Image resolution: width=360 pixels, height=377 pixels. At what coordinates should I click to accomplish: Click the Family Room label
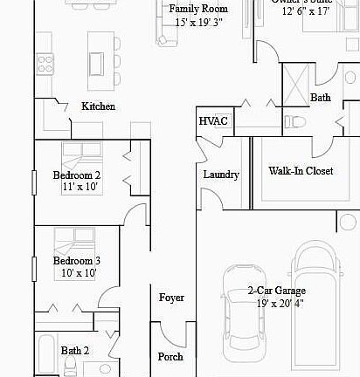[x=191, y=9]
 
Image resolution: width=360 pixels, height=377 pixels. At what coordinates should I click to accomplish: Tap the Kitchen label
[x=98, y=106]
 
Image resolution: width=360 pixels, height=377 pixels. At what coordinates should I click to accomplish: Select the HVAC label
[x=213, y=121]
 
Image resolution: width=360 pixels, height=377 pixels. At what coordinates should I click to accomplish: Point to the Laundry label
[x=221, y=175]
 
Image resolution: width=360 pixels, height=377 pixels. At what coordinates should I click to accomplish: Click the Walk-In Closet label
[x=301, y=171]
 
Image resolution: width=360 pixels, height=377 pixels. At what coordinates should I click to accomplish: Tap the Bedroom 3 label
[x=76, y=261]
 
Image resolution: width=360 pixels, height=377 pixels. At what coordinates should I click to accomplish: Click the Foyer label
[x=171, y=298]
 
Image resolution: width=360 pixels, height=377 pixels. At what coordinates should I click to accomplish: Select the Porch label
[x=170, y=357]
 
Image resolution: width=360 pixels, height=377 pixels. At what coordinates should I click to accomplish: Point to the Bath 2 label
[x=75, y=352]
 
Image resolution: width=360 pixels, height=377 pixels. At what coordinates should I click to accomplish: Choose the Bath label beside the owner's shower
[x=321, y=98]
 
